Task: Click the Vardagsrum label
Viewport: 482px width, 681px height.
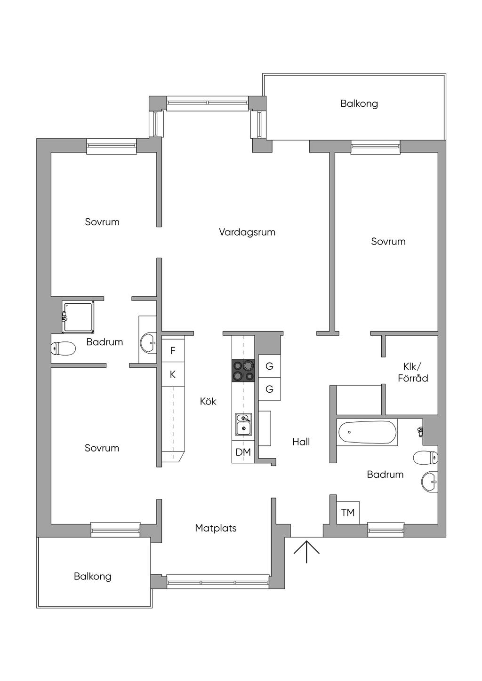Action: (x=247, y=232)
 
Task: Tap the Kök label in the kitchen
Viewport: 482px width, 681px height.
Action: (x=208, y=401)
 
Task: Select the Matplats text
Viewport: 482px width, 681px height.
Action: (x=216, y=528)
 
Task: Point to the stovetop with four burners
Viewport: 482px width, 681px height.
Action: (x=243, y=370)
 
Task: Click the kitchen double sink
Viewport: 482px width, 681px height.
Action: (x=243, y=424)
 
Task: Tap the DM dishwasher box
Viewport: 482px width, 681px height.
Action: (x=243, y=452)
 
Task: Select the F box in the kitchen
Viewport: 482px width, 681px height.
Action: (x=173, y=350)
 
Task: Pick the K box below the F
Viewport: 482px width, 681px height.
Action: (x=173, y=374)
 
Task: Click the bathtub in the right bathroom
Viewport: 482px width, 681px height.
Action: (x=367, y=432)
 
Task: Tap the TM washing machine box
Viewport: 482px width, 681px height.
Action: (x=348, y=513)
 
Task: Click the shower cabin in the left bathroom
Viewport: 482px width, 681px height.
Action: (x=78, y=317)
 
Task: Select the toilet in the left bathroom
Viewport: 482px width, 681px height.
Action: (x=63, y=348)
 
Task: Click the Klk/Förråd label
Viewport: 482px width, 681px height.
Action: (x=413, y=373)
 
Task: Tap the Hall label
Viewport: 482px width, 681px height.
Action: (x=301, y=442)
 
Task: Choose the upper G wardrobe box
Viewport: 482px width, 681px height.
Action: (x=269, y=366)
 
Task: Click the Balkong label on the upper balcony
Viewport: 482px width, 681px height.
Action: (x=359, y=104)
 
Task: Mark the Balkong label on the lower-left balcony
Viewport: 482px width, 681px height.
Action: (x=93, y=577)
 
